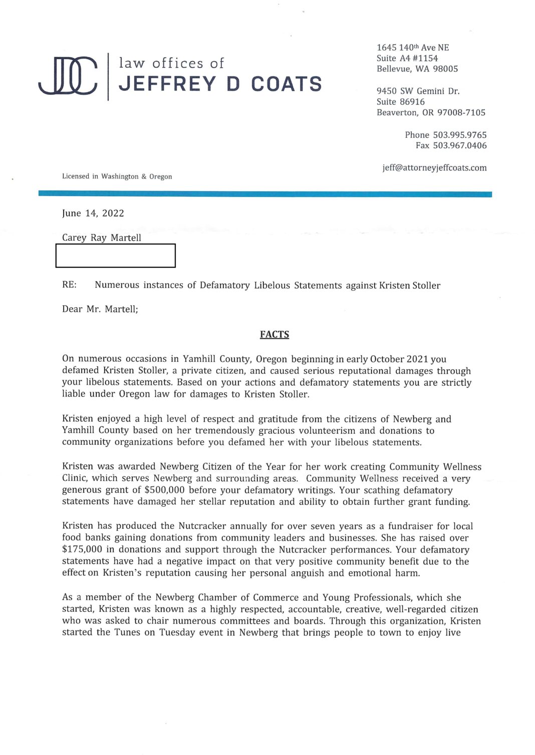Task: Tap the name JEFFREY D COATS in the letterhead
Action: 220,84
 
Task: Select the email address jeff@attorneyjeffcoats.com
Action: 434,168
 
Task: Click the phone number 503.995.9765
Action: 459,135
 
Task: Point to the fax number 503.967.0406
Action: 459,146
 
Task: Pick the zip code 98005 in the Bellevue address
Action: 445,69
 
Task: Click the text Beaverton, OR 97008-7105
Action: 431,113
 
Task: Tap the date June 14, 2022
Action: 93,213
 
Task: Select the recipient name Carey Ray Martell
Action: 102,238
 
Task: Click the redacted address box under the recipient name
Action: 115,256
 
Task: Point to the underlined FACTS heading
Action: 274,334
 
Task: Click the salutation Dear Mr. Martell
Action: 100,309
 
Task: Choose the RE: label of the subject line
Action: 69,285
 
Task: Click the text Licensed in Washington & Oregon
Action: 117,177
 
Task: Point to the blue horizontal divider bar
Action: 265,194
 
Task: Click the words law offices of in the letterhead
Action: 171,64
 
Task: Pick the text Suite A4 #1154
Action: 407,59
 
